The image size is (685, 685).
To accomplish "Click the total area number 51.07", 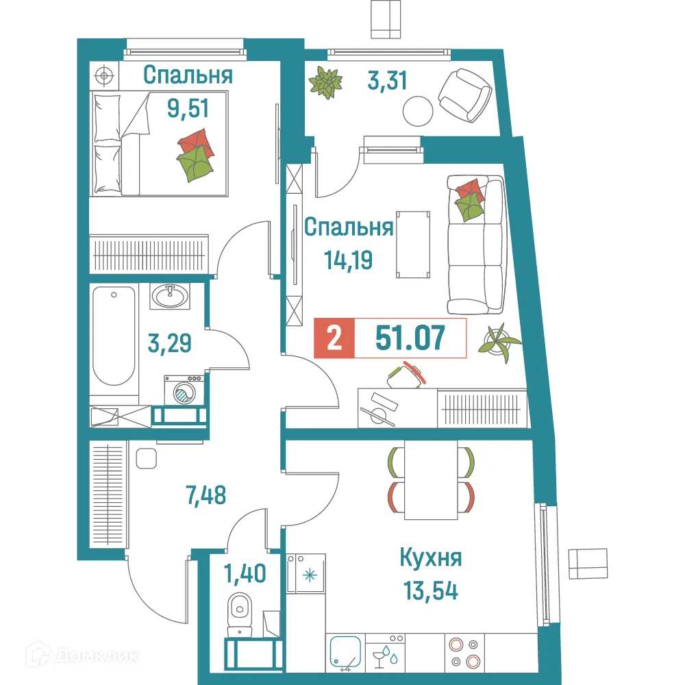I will coord(410,338).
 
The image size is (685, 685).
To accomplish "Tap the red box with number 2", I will coord(334,338).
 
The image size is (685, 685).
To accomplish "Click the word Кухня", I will coord(431,558).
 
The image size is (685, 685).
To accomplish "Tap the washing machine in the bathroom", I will coord(184,392).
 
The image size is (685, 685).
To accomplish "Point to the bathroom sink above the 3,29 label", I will coord(169,296).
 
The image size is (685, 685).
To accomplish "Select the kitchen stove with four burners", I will coord(463,653).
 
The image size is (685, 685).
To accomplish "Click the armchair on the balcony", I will coord(464,95).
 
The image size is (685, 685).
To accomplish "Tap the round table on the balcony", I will coord(417,110).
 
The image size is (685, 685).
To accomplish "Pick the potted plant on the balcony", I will coord(325,82).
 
